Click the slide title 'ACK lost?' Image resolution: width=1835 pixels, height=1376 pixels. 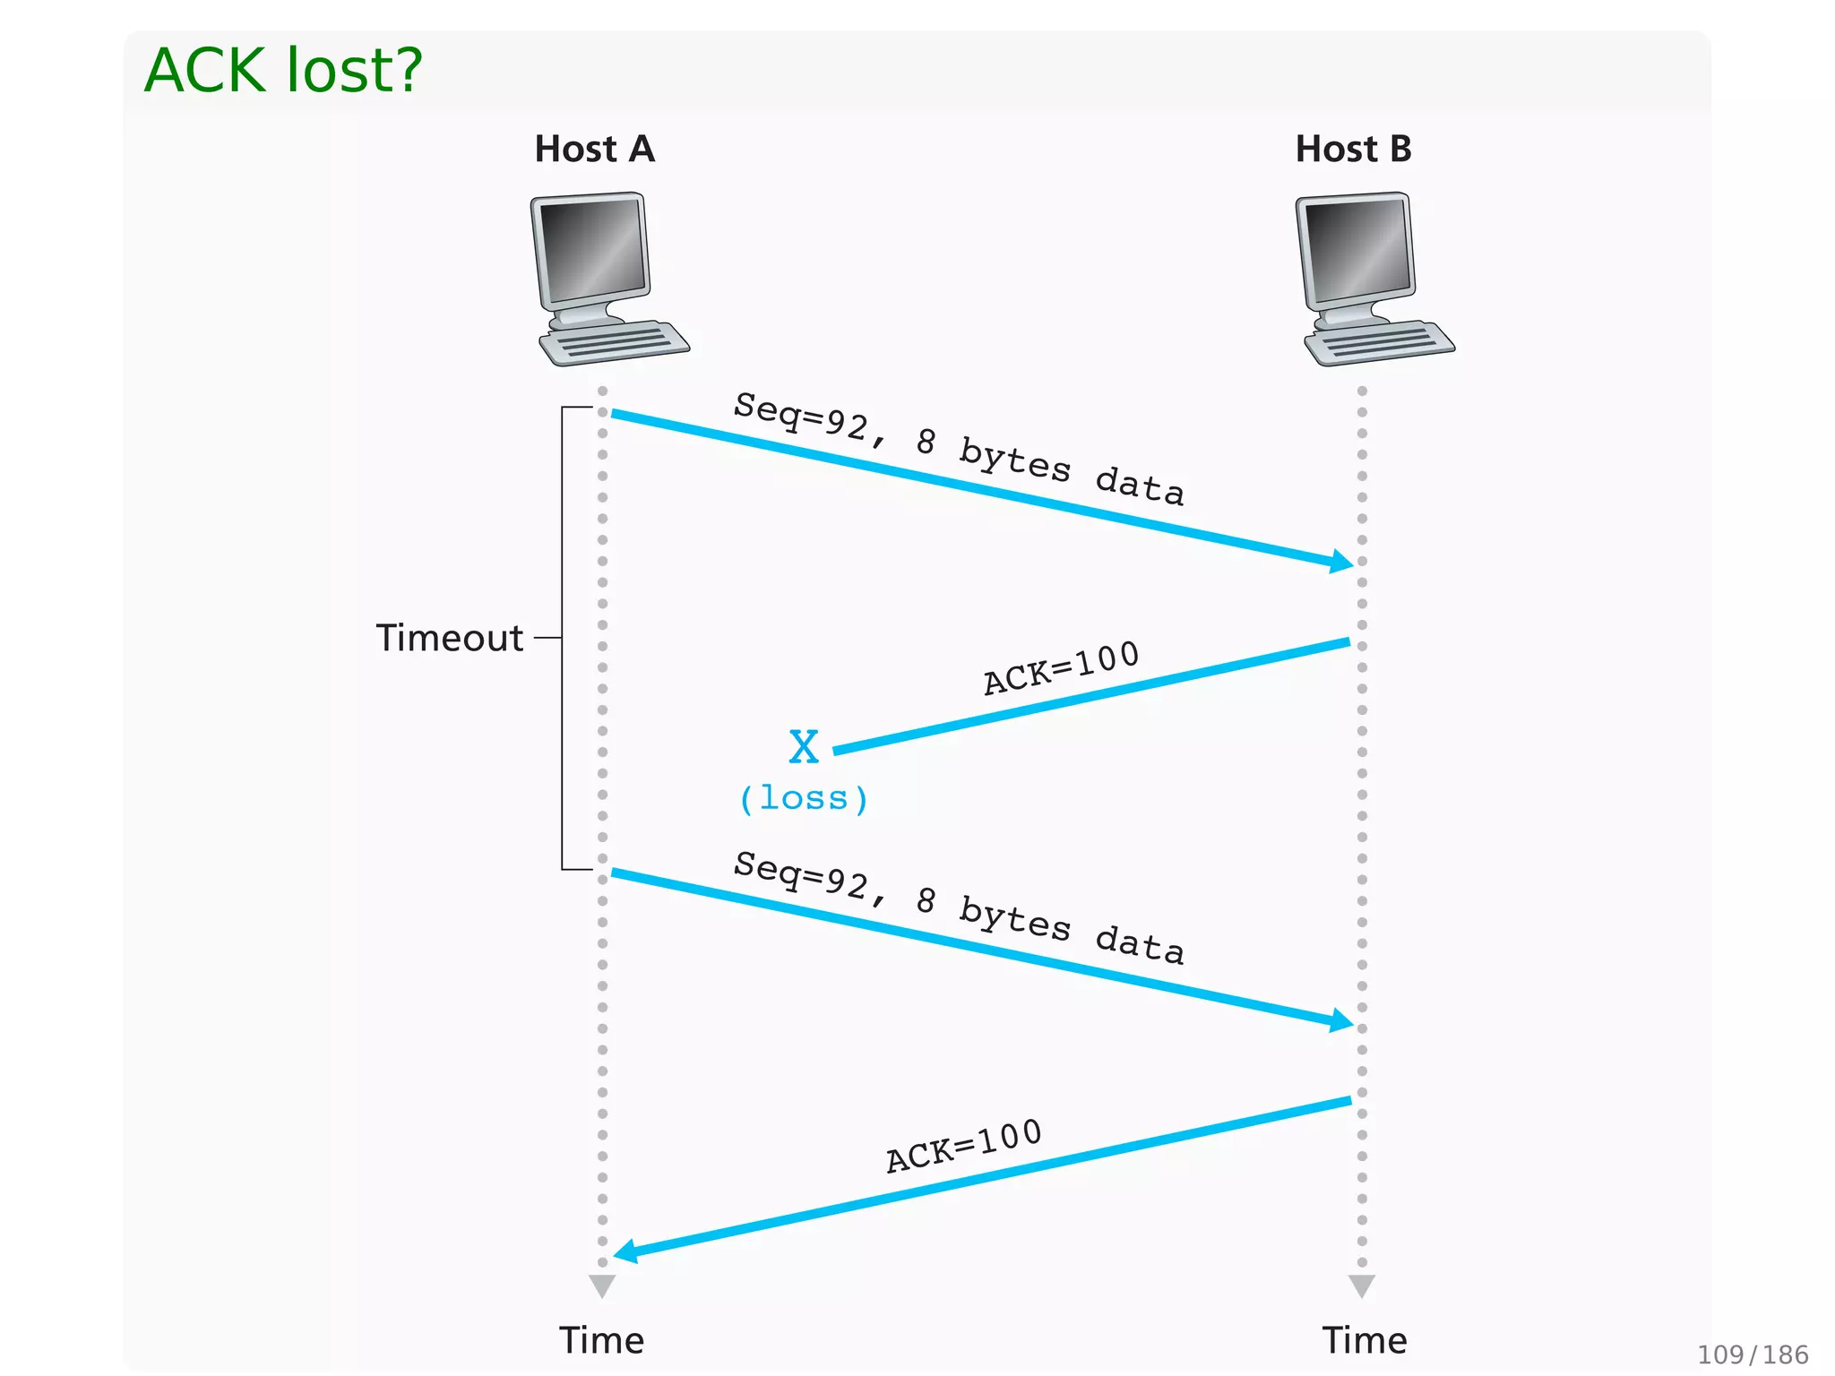(x=283, y=70)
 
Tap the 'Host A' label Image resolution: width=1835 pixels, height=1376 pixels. (x=594, y=149)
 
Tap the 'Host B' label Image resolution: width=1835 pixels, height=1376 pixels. (x=1353, y=149)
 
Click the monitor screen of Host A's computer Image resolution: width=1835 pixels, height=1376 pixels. (x=592, y=250)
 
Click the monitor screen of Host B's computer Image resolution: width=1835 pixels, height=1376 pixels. (x=1357, y=250)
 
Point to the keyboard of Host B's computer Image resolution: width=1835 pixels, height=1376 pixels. (x=1380, y=344)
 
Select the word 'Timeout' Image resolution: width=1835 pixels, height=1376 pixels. (x=450, y=638)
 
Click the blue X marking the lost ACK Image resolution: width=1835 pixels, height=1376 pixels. (x=804, y=746)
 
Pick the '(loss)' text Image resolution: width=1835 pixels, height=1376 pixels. (x=803, y=798)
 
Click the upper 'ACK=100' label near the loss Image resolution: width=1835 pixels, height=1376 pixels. (x=1061, y=668)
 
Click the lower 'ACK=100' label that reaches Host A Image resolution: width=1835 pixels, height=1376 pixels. (x=964, y=1146)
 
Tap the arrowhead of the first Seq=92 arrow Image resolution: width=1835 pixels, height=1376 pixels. (x=1342, y=562)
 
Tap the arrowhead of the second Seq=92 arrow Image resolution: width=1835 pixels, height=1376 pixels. (x=1342, y=1020)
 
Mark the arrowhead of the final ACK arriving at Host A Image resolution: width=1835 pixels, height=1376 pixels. (x=625, y=1251)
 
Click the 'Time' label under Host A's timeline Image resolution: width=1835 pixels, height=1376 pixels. (x=601, y=1340)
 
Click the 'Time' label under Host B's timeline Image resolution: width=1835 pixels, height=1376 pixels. (x=1365, y=1340)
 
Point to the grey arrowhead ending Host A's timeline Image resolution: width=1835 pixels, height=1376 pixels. (x=602, y=1286)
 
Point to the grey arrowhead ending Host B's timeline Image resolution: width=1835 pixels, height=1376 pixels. (x=1362, y=1286)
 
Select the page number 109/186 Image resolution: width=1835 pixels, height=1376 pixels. (x=1753, y=1354)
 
